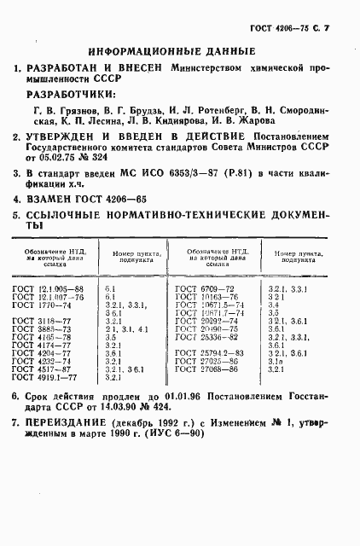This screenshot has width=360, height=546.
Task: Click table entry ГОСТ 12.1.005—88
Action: pyautogui.click(x=48, y=289)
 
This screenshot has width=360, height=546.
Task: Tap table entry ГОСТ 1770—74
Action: pyautogui.click(x=42, y=305)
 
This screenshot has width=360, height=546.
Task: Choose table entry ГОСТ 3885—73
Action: pyautogui.click(x=42, y=329)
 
